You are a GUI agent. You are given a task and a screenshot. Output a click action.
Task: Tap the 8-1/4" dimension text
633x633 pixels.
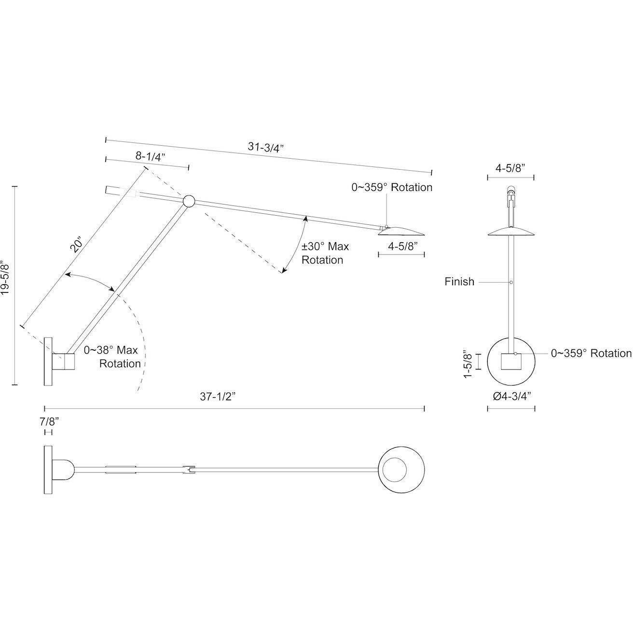(150, 156)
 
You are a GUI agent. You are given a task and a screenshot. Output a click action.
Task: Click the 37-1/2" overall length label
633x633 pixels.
(219, 397)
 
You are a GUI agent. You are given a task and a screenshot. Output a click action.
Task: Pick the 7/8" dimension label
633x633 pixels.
(49, 421)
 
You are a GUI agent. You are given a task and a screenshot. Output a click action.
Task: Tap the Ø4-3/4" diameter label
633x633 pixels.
(511, 397)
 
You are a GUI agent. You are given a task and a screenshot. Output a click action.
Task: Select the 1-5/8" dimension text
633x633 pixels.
(468, 363)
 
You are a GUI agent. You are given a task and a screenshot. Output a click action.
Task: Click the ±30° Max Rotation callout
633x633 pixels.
(325, 253)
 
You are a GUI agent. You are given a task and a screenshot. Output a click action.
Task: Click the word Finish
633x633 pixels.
(459, 282)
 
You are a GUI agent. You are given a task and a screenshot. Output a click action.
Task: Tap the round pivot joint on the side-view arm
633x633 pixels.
(188, 201)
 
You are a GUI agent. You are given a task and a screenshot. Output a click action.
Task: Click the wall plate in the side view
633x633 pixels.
(48, 361)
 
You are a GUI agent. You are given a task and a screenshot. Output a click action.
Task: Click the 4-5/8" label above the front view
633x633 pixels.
(510, 167)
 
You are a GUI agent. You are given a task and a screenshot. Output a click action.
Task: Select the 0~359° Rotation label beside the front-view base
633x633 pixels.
(591, 354)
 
